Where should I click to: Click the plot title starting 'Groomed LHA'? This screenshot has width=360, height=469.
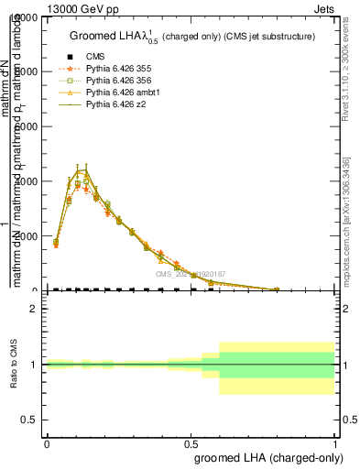pyautogui.click(x=192, y=37)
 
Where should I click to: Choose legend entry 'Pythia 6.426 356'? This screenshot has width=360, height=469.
pyautogui.click(x=118, y=81)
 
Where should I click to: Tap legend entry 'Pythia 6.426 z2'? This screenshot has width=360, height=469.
pyautogui.click(x=114, y=105)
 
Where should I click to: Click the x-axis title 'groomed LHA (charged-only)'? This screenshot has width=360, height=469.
pyautogui.click(x=265, y=456)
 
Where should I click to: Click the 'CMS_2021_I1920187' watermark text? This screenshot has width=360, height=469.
pyautogui.click(x=191, y=274)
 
